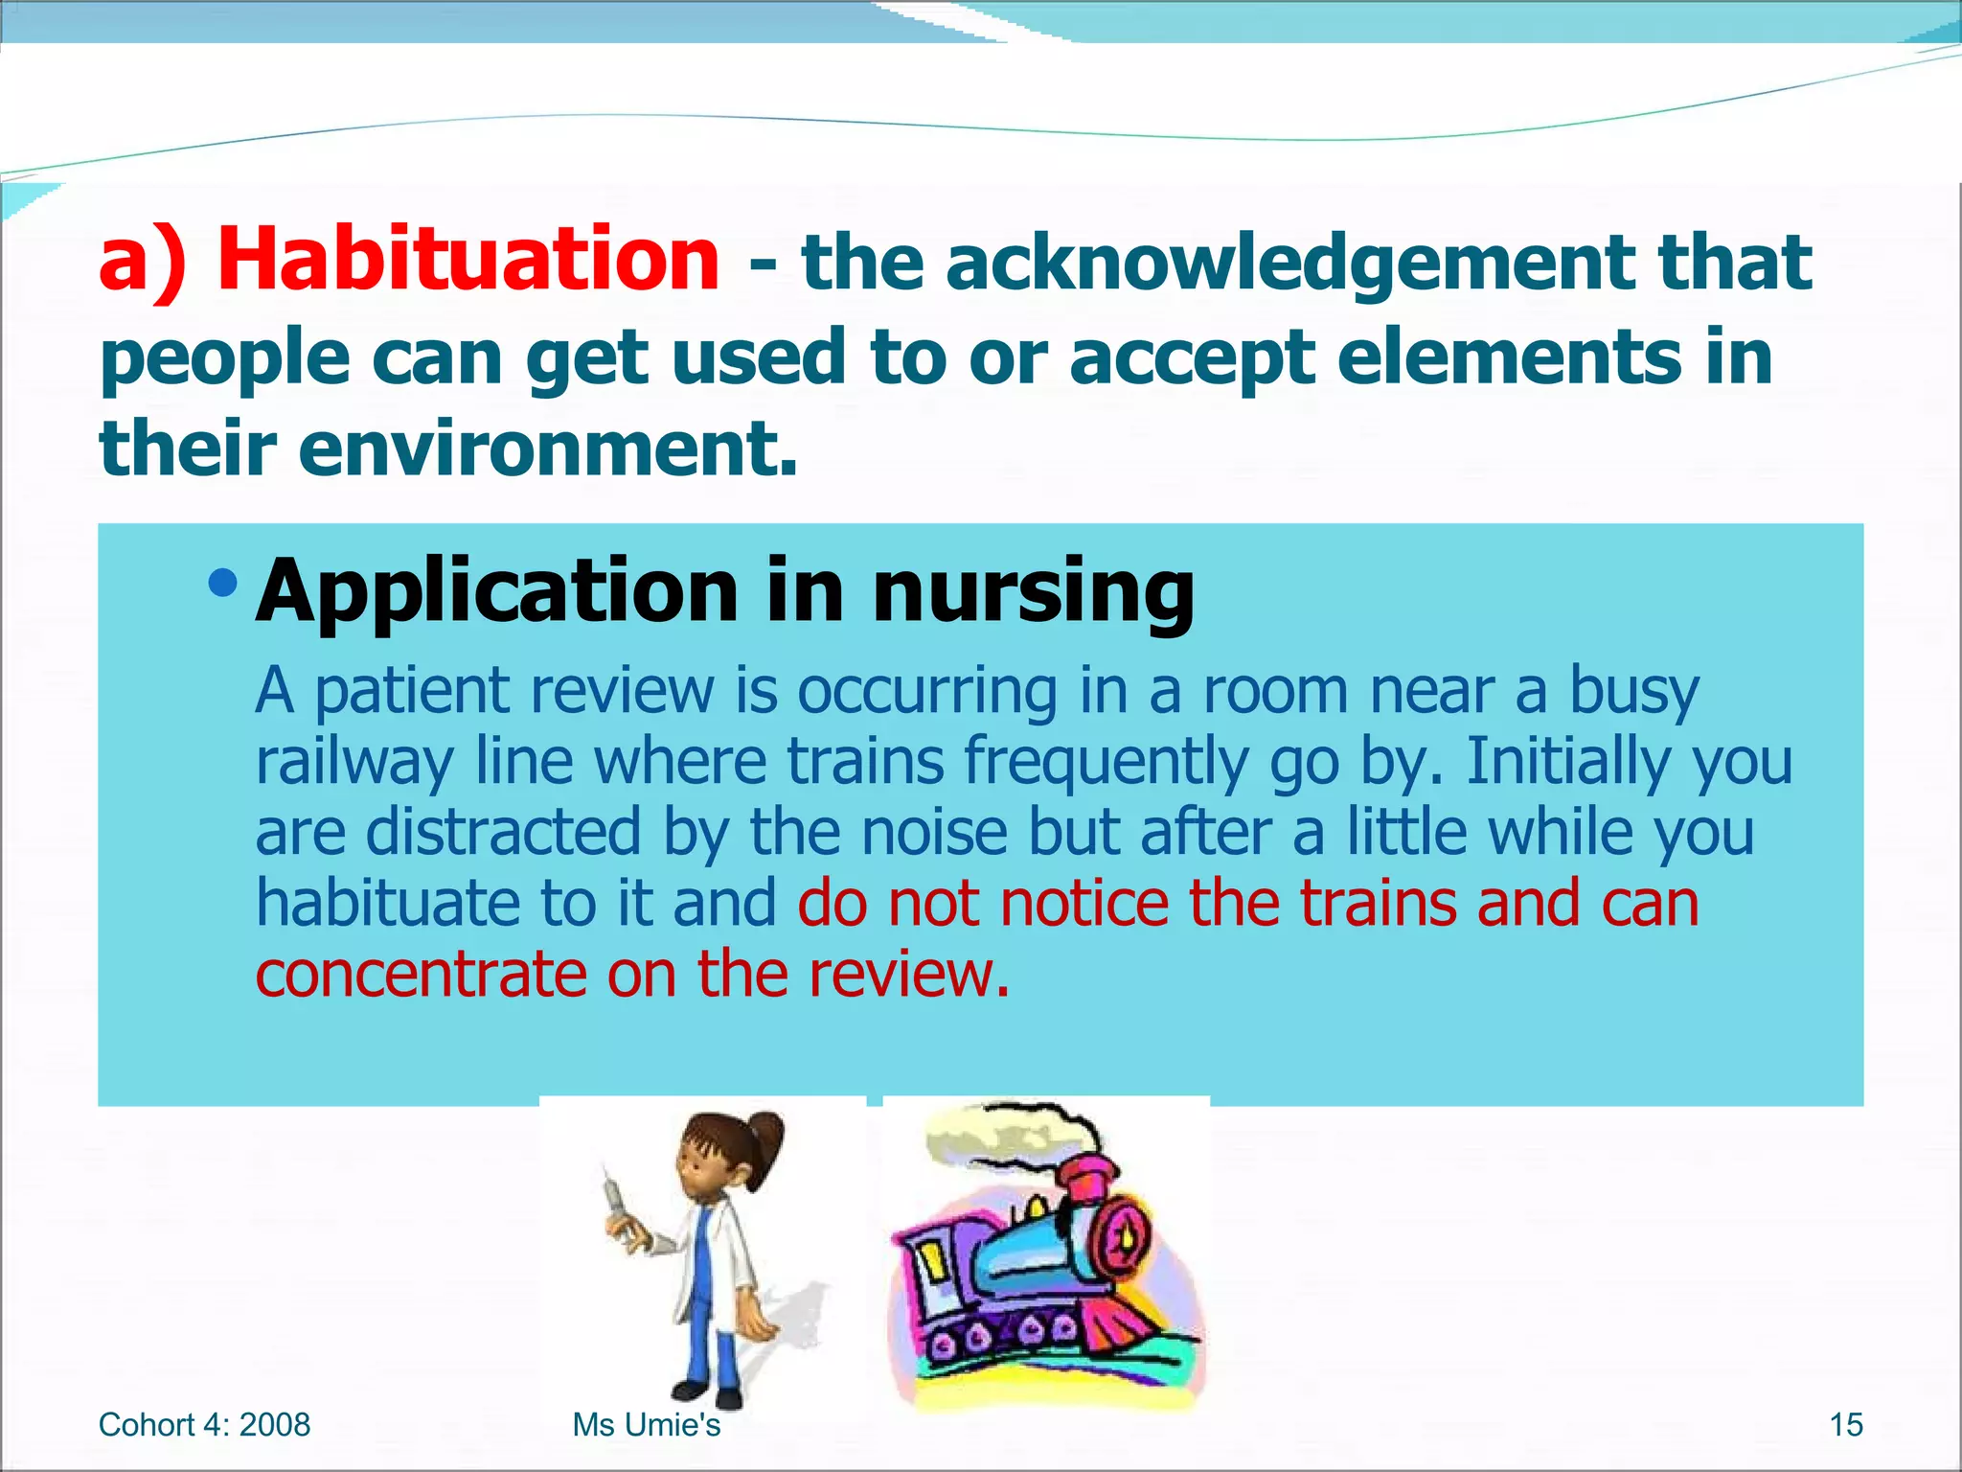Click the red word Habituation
coord(468,261)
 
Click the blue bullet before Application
coord(222,582)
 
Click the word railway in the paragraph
coord(354,762)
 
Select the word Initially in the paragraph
coord(1568,762)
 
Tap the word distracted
coord(502,832)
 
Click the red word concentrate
coord(421,974)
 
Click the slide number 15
coord(1845,1425)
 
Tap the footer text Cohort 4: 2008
coord(204,1425)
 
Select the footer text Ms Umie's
coord(646,1425)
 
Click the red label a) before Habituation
coord(144,261)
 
